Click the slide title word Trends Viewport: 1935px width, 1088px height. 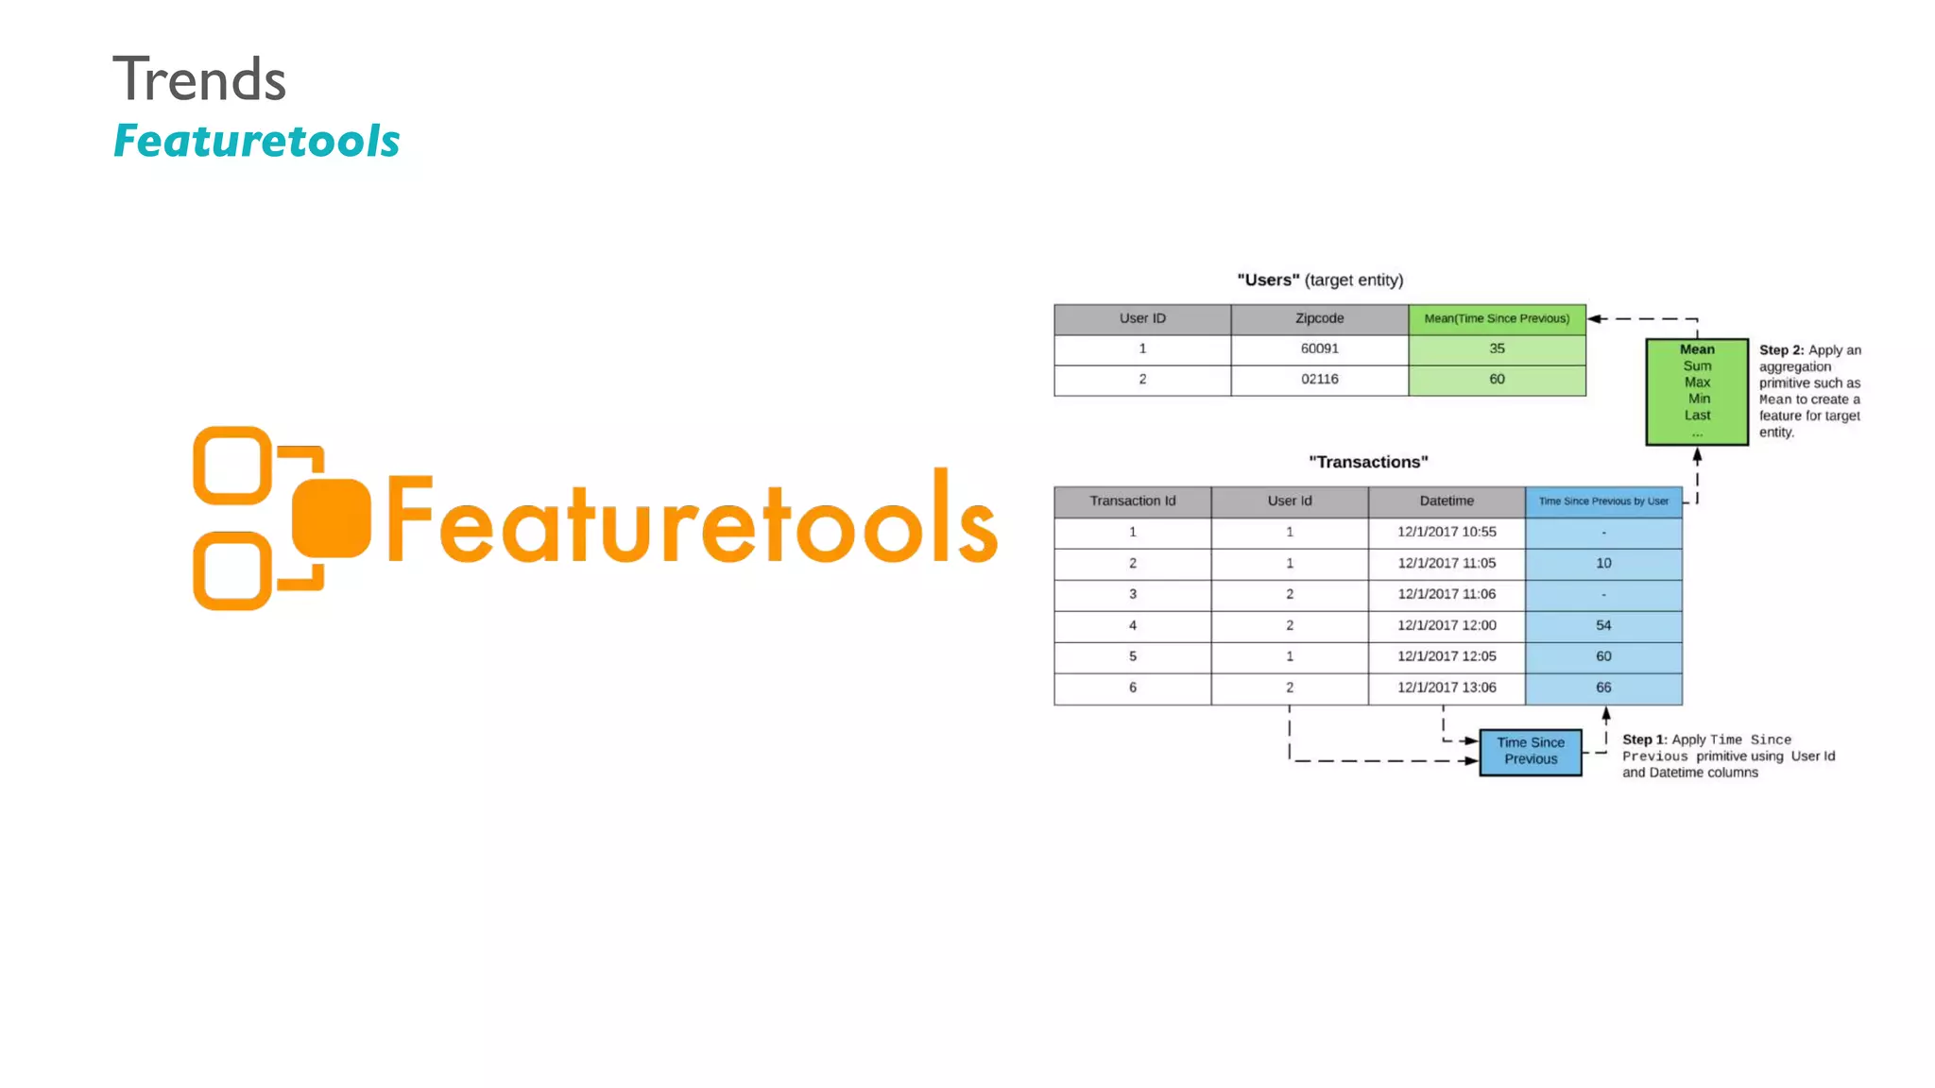199,79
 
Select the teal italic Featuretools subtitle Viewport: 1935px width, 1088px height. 256,142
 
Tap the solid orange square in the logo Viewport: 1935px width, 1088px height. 331,518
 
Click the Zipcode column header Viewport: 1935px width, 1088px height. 1319,319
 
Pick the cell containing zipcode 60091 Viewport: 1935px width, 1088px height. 1319,349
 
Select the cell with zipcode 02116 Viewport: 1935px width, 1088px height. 1319,380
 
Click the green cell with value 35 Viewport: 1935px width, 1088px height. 1497,349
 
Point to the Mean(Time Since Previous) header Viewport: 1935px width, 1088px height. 1497,319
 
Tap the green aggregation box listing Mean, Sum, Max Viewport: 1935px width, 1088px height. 1697,391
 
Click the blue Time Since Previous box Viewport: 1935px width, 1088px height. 1531,752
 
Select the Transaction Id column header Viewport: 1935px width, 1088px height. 1132,501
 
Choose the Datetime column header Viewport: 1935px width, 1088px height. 1447,501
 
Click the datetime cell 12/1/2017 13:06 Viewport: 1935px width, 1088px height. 1447,688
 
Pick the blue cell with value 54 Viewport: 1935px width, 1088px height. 1603,626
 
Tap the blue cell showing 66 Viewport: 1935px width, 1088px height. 1603,688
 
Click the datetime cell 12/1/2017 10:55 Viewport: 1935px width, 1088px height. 1447,533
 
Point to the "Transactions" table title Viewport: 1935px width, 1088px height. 1368,463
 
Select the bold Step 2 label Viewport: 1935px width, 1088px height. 1780,350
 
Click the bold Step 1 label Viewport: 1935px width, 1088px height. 1644,740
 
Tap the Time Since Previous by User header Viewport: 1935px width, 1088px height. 1603,501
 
